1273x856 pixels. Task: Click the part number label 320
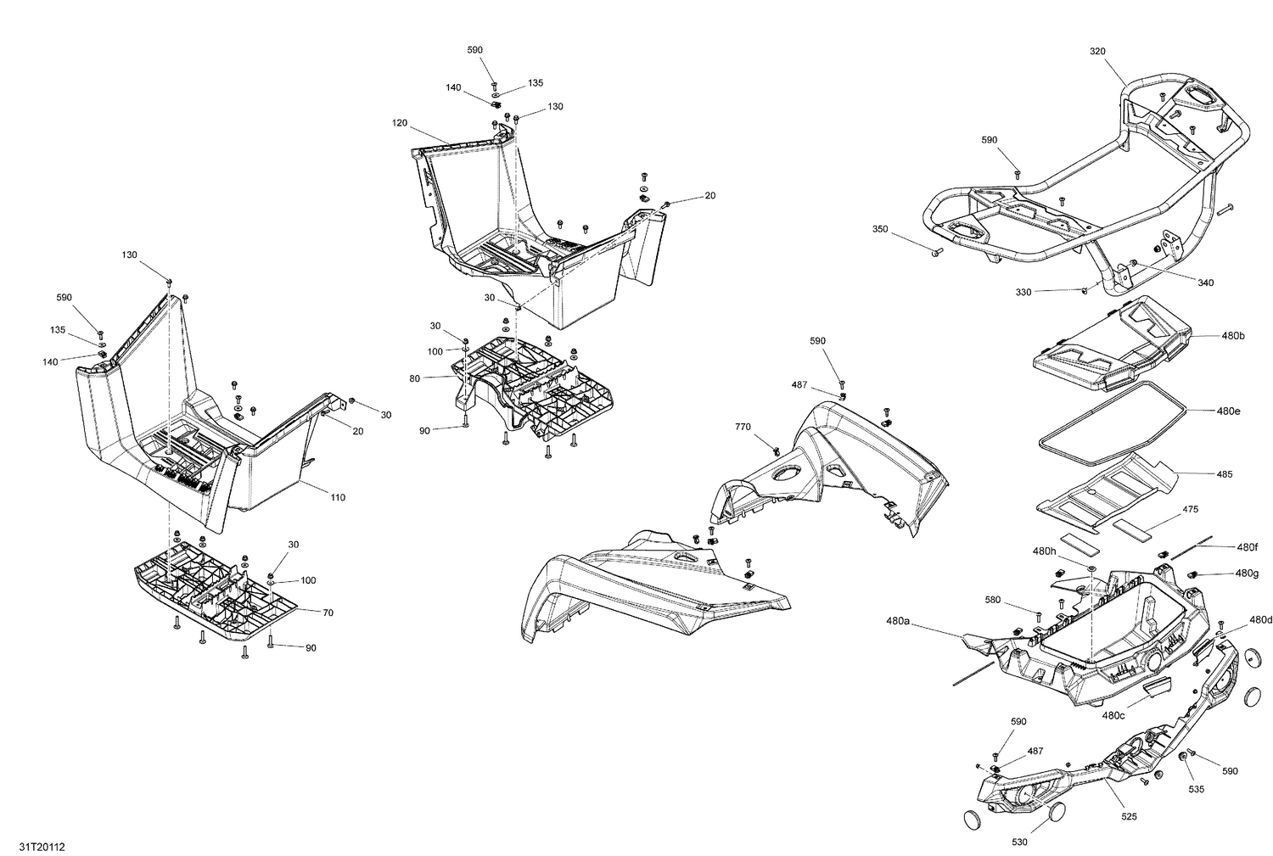(x=1097, y=51)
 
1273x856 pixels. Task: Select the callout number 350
(x=880, y=229)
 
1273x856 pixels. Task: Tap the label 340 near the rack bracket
(x=1205, y=283)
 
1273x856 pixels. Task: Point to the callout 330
(x=1023, y=292)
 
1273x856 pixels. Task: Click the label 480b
(x=1233, y=336)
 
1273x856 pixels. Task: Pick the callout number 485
(x=1224, y=474)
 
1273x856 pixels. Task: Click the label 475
(x=1191, y=510)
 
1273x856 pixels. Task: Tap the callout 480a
(x=898, y=622)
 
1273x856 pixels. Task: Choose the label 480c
(x=1113, y=715)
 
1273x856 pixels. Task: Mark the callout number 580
(x=993, y=601)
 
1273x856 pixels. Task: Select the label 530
(x=1019, y=842)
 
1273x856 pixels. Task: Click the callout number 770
(x=743, y=427)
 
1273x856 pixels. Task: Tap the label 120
(x=400, y=123)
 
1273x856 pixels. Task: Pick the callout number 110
(x=338, y=497)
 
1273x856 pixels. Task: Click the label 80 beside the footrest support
(x=414, y=378)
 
